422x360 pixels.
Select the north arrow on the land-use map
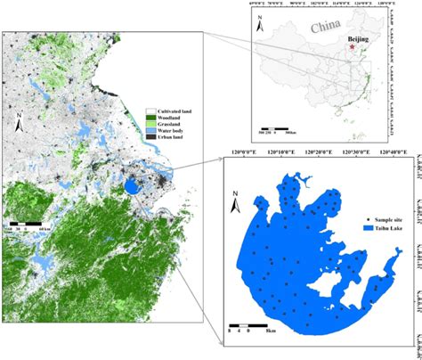pyautogui.click(x=20, y=118)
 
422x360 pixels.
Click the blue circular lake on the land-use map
pyautogui.click(x=133, y=187)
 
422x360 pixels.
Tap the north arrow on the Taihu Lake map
pyautogui.click(x=234, y=202)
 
